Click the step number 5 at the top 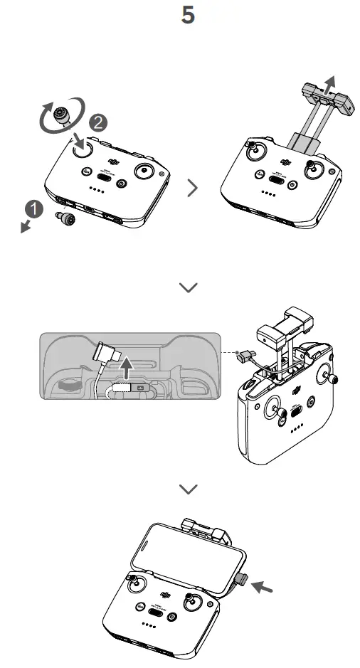pyautogui.click(x=188, y=16)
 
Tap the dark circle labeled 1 pyautogui.click(x=31, y=210)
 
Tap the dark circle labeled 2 pyautogui.click(x=99, y=122)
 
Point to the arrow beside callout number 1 pyautogui.click(x=25, y=226)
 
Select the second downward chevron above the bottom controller pyautogui.click(x=189, y=488)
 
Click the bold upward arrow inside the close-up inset pyautogui.click(x=126, y=369)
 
